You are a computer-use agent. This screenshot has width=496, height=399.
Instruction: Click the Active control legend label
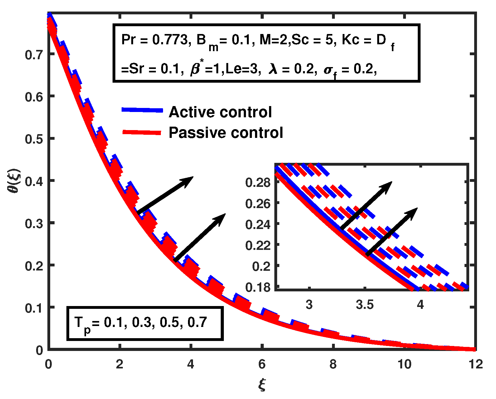point(220,112)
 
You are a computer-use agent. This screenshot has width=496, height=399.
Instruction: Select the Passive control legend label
point(226,133)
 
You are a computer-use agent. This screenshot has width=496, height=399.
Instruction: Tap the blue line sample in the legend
point(142,110)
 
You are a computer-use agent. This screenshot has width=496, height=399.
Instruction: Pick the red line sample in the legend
point(142,133)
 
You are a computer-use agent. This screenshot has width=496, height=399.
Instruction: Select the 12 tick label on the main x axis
point(476,364)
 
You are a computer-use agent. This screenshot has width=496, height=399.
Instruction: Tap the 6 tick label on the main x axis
point(262,364)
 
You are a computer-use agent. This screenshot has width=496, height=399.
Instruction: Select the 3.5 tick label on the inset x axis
point(365,304)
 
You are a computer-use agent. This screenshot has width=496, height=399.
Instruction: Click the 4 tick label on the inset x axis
point(420,304)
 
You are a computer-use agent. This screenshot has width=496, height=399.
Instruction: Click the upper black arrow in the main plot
point(165,195)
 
